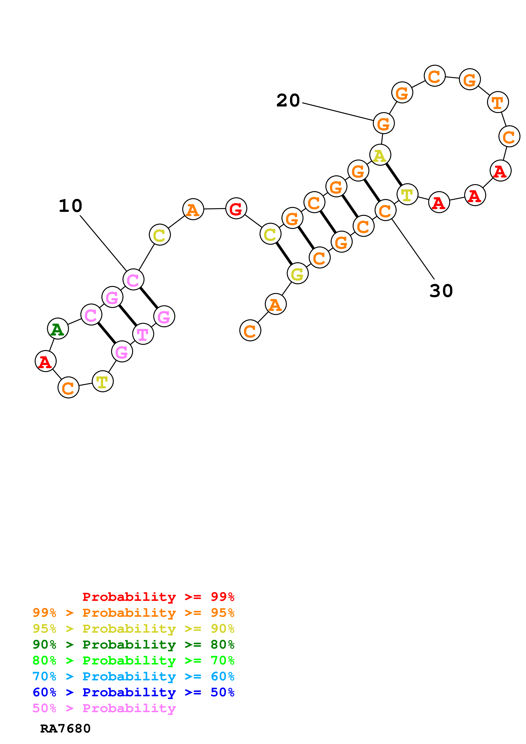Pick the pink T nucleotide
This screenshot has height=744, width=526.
[x=143, y=334]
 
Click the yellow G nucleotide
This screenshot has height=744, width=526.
[x=297, y=274]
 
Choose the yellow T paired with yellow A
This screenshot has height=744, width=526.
[x=407, y=194]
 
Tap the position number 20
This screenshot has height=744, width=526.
[x=288, y=101]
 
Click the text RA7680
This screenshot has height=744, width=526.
[x=65, y=729]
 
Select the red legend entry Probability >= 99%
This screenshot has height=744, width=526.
[x=158, y=597]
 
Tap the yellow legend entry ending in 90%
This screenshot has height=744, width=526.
[x=133, y=629]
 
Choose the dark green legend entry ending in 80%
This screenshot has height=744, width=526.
[x=133, y=645]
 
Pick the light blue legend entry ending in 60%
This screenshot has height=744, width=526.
[x=133, y=676]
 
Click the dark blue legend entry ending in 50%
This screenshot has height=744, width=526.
[x=133, y=692]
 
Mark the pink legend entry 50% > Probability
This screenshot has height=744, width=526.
[x=104, y=708]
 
